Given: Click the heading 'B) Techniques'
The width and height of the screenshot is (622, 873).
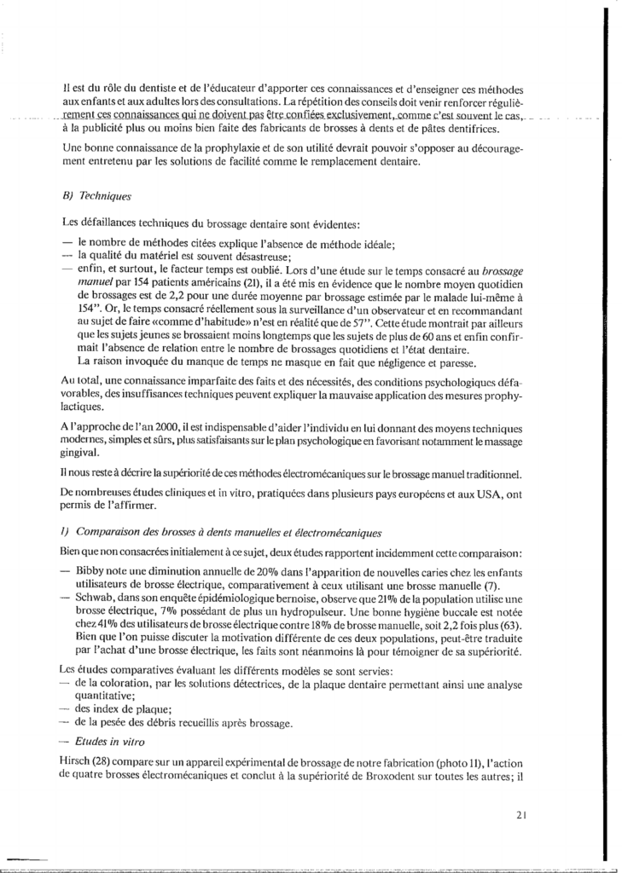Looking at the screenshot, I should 97,195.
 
